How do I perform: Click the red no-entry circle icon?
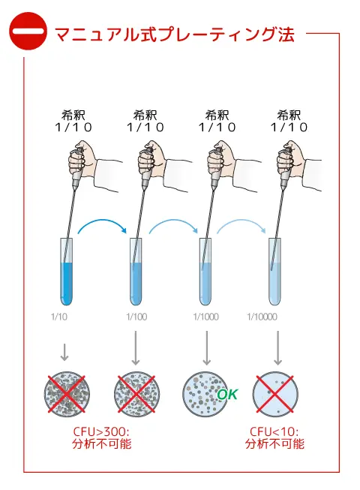[28, 31]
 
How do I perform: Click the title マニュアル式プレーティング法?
[175, 34]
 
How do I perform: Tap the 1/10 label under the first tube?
[59, 317]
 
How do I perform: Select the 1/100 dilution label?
[136, 317]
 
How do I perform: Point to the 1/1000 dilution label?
[205, 317]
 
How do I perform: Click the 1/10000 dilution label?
[262, 317]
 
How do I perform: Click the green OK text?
[227, 395]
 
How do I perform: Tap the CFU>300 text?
[101, 431]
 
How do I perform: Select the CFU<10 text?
[274, 431]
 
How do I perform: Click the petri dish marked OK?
[205, 394]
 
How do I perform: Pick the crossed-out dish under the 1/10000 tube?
[275, 394]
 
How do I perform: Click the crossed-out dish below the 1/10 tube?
[67, 394]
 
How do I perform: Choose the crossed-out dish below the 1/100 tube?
[136, 394]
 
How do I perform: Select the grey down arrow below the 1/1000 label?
[206, 348]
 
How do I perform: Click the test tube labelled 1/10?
[66, 272]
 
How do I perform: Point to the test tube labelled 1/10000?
[275, 272]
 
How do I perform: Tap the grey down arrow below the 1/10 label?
[64, 352]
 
